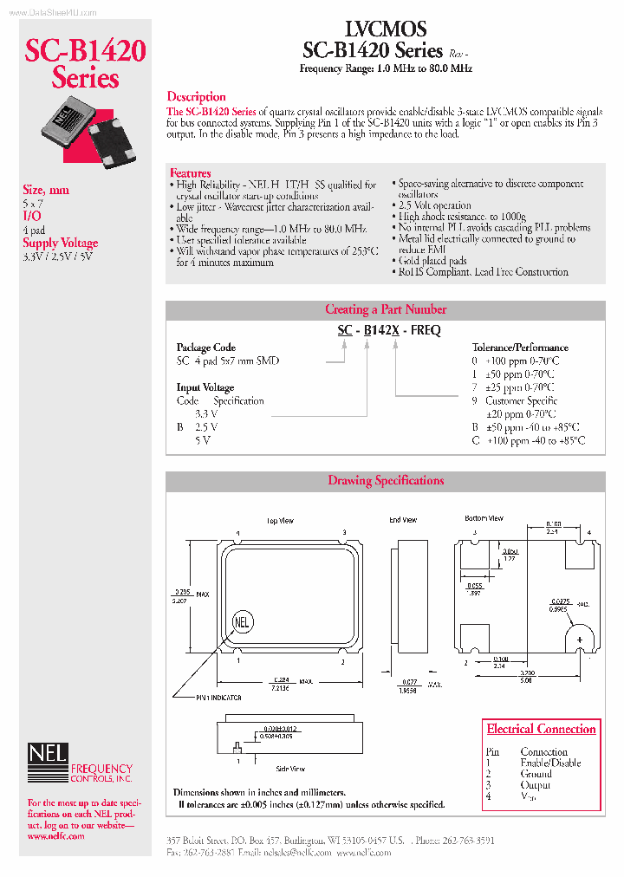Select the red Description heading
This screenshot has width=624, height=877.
click(196, 97)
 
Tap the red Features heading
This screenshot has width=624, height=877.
click(190, 173)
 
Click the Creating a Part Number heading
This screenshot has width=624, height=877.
click(386, 309)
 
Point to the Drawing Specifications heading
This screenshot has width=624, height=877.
click(386, 481)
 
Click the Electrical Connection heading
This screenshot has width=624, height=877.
click(541, 730)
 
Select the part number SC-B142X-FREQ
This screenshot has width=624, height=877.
click(389, 330)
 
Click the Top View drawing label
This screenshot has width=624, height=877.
click(280, 521)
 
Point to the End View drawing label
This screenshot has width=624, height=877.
click(402, 520)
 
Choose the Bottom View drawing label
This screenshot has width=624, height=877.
click(484, 518)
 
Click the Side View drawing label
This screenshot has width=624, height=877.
click(290, 769)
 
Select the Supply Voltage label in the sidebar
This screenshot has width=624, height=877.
click(60, 244)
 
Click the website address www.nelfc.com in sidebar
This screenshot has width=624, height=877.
click(55, 836)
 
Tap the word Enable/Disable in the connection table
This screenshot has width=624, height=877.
click(550, 763)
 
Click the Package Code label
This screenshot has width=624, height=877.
click(206, 348)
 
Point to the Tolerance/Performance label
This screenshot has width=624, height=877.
click(520, 348)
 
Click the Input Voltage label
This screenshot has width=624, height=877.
click(205, 387)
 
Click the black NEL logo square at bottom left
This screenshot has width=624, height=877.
click(47, 755)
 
